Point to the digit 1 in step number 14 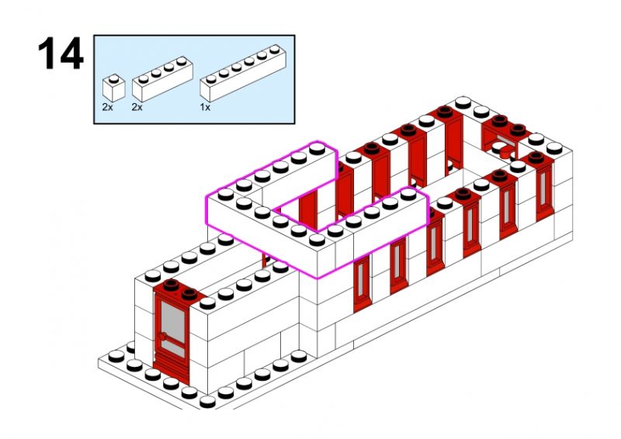pyautogui.click(x=47, y=54)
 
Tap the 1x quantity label pyautogui.click(x=205, y=108)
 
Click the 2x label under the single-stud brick pyautogui.click(x=107, y=107)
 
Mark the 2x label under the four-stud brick pyautogui.click(x=137, y=107)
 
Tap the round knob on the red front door pyautogui.click(x=164, y=337)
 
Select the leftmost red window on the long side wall pyautogui.click(x=362, y=284)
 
